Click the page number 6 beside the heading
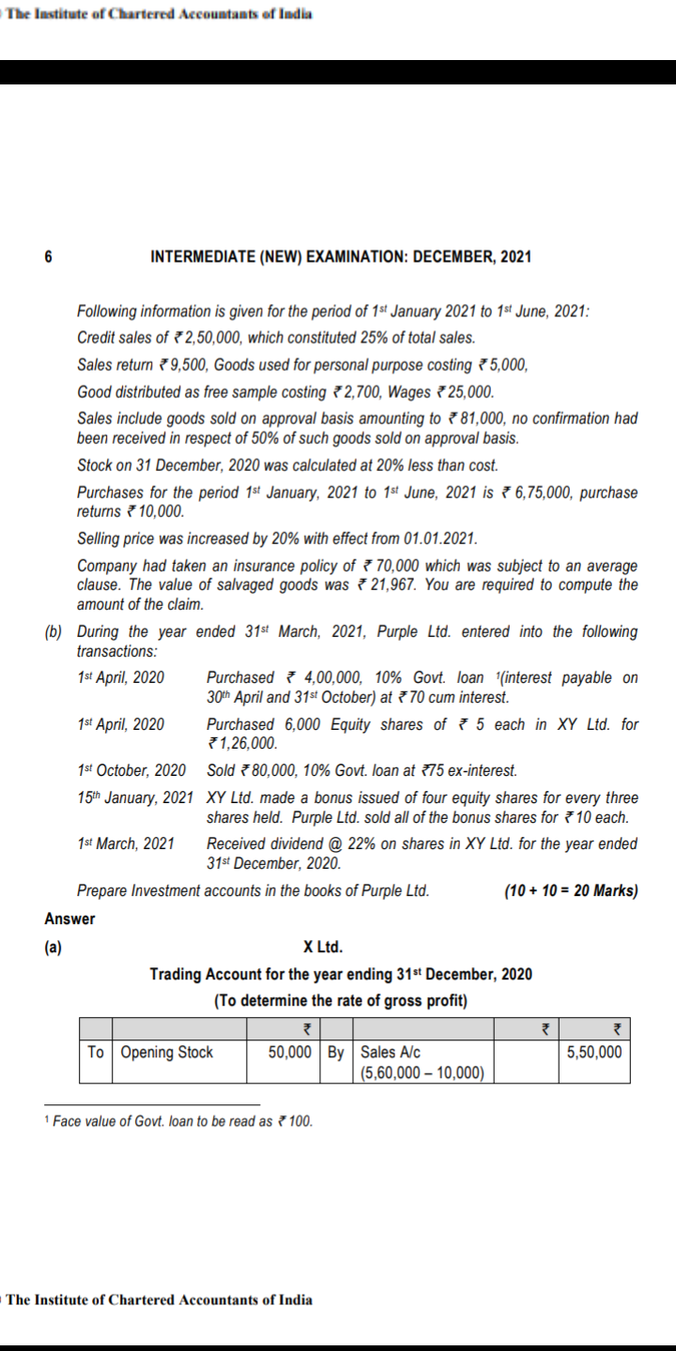point(49,256)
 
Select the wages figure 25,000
point(473,391)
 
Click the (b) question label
point(54,631)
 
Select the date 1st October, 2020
point(131,770)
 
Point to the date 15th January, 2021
point(135,797)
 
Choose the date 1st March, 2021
point(126,843)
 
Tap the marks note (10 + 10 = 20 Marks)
point(571,890)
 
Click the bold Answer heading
point(69,918)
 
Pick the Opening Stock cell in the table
point(167,1052)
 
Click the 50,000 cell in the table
point(290,1052)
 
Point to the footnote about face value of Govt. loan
point(183,1121)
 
